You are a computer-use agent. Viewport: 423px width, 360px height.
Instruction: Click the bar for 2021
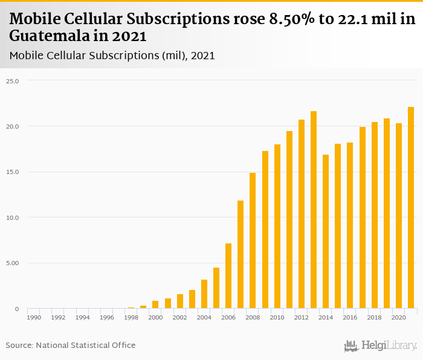[x=411, y=208]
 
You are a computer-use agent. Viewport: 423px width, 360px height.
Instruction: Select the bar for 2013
[x=314, y=210]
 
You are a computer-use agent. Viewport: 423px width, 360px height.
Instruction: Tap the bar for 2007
[x=241, y=254]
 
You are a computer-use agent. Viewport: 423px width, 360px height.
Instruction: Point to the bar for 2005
[x=216, y=288]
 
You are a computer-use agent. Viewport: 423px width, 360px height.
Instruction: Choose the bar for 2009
[x=265, y=230]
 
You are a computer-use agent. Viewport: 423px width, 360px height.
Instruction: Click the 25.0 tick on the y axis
[x=13, y=81]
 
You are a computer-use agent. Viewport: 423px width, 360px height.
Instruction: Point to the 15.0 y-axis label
[x=13, y=172]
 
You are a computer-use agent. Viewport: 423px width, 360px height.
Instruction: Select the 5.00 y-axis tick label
[x=13, y=263]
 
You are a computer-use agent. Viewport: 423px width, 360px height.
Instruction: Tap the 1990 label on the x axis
[x=34, y=317]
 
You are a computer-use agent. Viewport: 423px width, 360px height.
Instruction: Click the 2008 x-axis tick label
[x=253, y=317]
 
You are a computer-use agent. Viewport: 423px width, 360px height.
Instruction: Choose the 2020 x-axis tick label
[x=398, y=317]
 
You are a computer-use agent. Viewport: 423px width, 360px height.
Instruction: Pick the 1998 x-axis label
[x=131, y=317]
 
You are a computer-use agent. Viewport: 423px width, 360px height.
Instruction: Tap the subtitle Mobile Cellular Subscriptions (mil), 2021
[x=112, y=56]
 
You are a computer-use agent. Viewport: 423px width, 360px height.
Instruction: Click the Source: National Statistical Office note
[x=71, y=345]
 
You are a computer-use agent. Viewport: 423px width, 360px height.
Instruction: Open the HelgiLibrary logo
[x=381, y=346]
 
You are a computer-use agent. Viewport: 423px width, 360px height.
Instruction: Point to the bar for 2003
[x=192, y=299]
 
